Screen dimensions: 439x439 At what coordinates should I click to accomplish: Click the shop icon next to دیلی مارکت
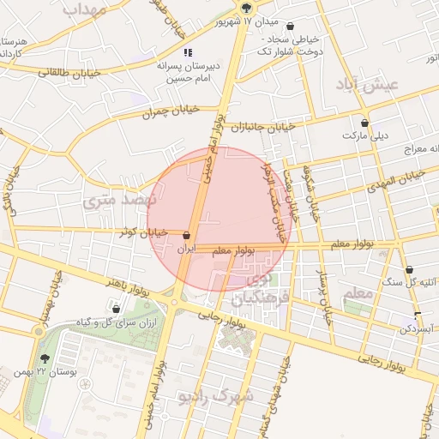(x=365, y=123)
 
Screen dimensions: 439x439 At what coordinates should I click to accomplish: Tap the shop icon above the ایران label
(x=187, y=235)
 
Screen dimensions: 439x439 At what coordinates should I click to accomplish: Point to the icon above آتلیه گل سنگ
(x=408, y=269)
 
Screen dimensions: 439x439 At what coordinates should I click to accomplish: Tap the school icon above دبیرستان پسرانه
(x=188, y=53)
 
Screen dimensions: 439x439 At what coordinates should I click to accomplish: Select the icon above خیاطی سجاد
(x=290, y=27)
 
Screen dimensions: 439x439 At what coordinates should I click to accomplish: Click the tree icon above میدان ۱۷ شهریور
(x=247, y=6)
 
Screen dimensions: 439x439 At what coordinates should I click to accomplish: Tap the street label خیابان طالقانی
(x=69, y=74)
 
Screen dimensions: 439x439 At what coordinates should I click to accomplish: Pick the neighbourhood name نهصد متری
(x=117, y=201)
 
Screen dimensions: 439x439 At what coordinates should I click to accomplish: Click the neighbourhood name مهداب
(x=84, y=10)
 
